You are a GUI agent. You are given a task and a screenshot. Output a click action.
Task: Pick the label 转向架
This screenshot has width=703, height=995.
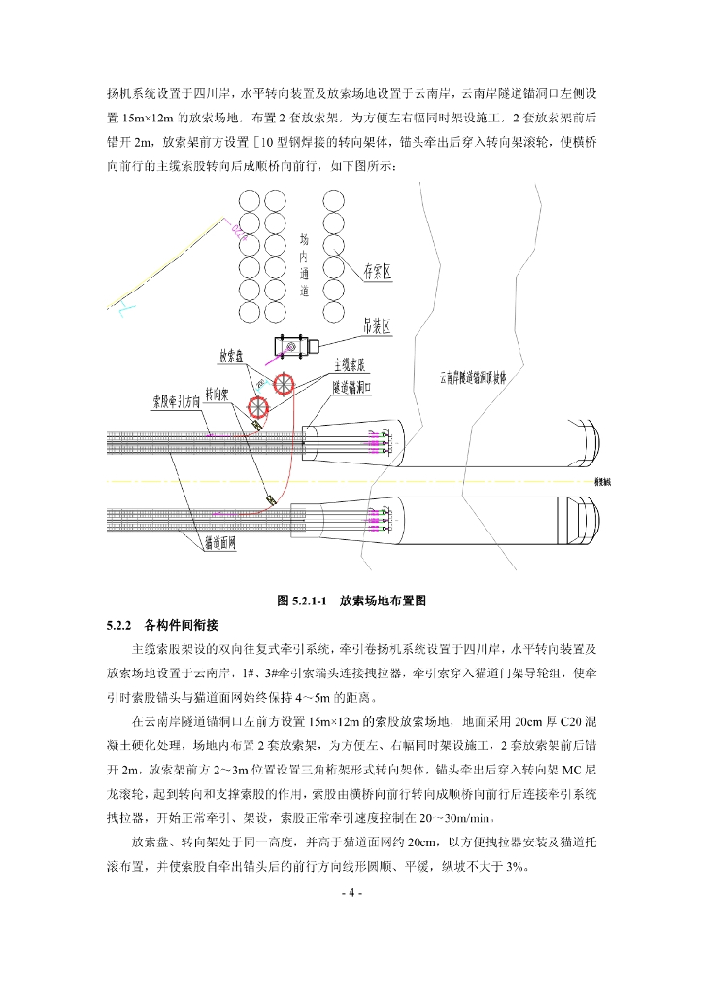[216, 395]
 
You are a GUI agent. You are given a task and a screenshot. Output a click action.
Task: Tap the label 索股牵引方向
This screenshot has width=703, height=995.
[176, 399]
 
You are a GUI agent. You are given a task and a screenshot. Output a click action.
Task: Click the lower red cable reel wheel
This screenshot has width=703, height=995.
[259, 404]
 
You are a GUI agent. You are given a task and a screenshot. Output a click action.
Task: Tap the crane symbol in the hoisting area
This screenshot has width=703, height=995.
[292, 346]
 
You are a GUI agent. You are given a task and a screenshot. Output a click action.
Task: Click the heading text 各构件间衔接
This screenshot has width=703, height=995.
[181, 624]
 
